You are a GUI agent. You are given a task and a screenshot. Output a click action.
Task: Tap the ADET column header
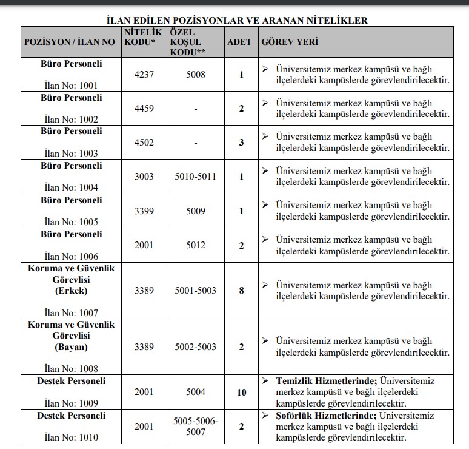point(239,42)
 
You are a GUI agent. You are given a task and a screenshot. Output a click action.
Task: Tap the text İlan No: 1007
point(72,312)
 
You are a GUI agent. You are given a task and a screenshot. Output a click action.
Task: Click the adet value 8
point(241,290)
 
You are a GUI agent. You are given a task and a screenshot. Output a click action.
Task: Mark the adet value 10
point(241,393)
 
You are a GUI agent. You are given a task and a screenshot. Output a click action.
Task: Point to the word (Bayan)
point(72,347)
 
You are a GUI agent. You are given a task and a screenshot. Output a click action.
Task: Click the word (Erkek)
point(72,290)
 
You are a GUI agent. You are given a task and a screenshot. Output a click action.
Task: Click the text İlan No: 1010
point(72,437)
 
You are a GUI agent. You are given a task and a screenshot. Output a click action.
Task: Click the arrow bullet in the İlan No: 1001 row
point(265,69)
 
